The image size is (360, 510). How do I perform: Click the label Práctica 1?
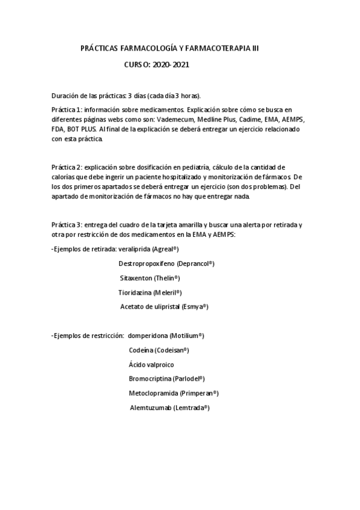[66, 110]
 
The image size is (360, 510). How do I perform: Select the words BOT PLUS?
[82, 129]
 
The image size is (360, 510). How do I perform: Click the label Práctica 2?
[66, 167]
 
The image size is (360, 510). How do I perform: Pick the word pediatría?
[192, 167]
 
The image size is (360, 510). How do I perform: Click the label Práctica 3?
[66, 224]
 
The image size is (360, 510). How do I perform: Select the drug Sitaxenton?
[136, 278]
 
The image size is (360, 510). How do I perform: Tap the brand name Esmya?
[195, 307]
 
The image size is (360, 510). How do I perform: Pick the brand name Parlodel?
[188, 378]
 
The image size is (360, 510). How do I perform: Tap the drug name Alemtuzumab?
[151, 407]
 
